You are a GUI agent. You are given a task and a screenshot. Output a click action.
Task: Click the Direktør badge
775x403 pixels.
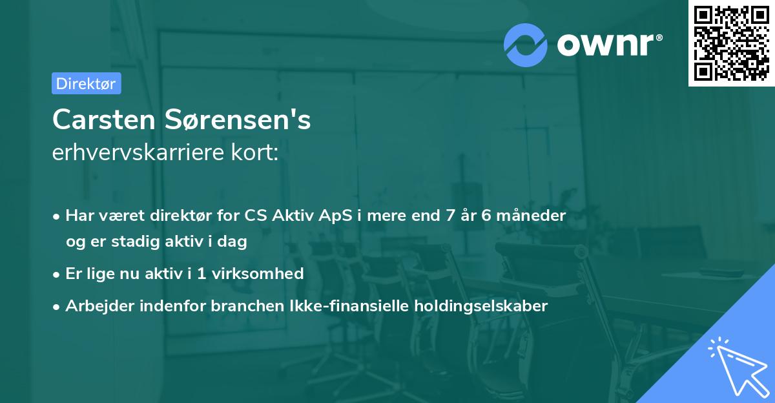(86, 83)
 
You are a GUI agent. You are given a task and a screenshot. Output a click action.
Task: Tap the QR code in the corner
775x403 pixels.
(731, 43)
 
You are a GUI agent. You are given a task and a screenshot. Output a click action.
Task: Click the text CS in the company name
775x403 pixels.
(256, 215)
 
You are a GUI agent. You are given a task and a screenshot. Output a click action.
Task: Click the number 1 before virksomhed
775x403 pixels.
(201, 273)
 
